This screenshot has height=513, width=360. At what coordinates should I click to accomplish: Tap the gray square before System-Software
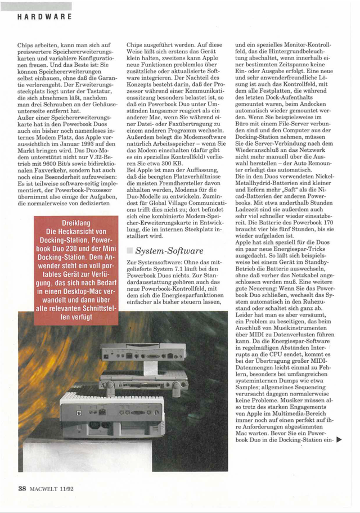[x=130, y=249]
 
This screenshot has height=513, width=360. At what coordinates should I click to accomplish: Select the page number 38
[x=22, y=488]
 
